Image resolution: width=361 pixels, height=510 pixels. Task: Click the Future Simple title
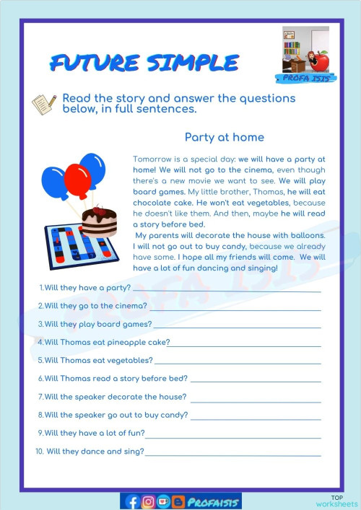point(144,63)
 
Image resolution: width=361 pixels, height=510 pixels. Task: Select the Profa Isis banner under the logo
point(305,78)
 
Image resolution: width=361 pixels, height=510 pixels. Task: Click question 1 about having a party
point(84,287)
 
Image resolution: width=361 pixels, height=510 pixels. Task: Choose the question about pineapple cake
point(103,342)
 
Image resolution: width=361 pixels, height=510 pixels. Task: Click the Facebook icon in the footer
point(132,501)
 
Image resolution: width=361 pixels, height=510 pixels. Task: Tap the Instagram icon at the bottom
point(148,501)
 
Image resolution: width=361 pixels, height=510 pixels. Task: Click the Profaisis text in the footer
point(213,501)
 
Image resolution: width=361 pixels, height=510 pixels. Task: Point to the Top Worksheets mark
point(337,501)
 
